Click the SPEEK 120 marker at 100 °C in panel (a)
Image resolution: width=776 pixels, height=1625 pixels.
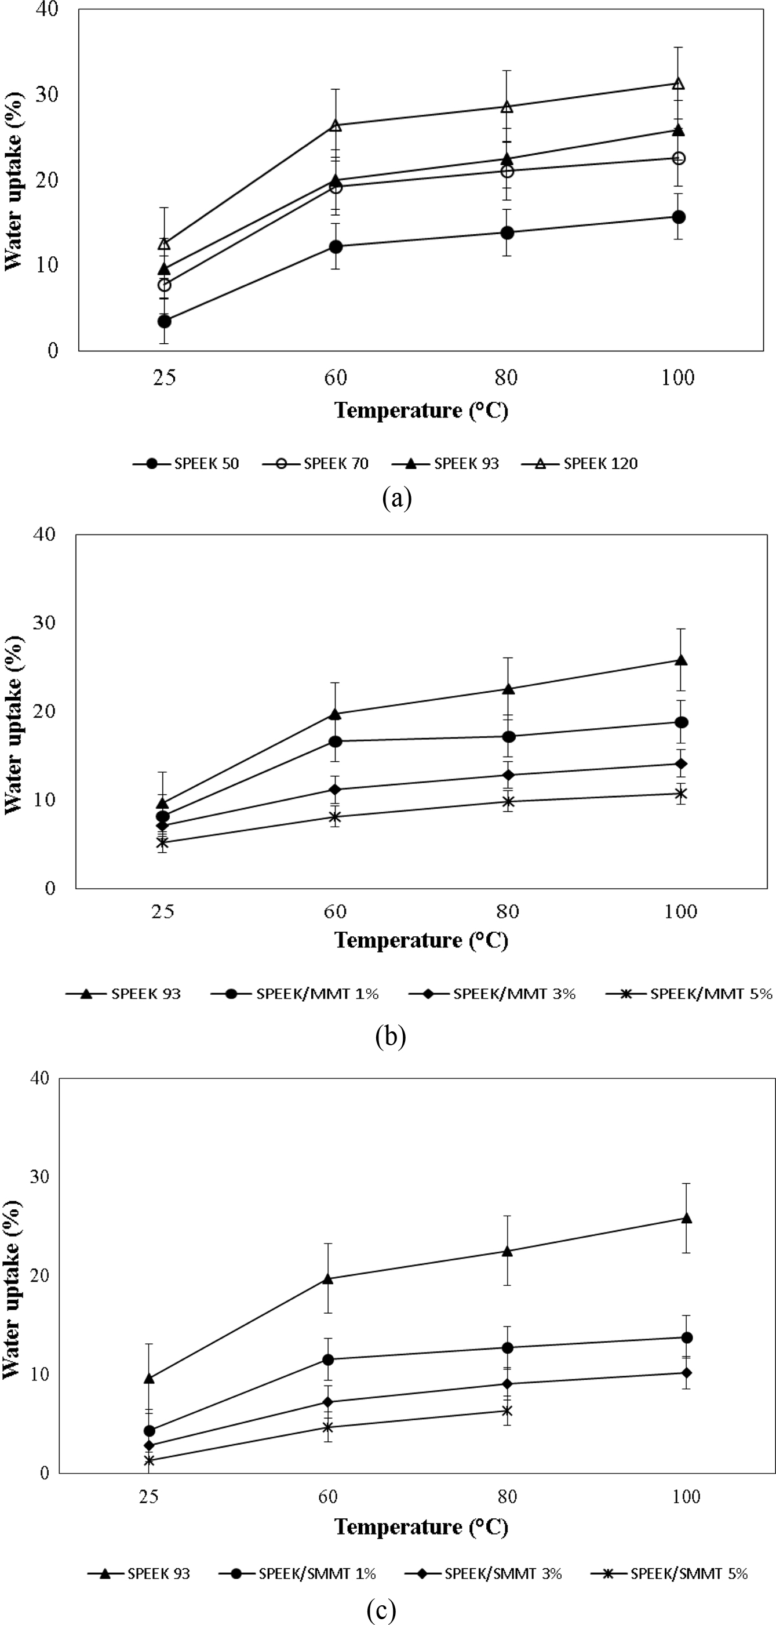coord(678,83)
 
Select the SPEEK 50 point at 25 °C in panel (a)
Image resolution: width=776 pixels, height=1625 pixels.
coord(164,321)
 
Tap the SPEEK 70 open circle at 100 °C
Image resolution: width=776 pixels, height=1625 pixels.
coord(678,158)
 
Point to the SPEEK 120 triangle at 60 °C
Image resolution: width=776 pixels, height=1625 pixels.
coord(336,126)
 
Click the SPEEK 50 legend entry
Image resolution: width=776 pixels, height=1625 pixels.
coord(187,464)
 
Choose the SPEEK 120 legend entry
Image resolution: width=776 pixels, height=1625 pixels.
coord(580,464)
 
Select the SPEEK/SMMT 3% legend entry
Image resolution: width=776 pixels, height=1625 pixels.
coord(483,1574)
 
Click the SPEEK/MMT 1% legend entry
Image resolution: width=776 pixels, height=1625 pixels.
coord(295,994)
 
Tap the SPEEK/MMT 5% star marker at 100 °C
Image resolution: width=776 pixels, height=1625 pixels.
coord(681,794)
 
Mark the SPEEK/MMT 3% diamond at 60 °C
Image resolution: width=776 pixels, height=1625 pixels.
coord(336,789)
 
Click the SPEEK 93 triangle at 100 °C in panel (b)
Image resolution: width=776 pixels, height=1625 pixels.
coord(681,660)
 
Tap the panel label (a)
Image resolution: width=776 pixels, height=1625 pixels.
coord(397,499)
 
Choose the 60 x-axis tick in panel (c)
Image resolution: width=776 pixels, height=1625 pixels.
coord(328,1497)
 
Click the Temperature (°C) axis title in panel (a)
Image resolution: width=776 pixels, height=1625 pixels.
coord(421,410)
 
